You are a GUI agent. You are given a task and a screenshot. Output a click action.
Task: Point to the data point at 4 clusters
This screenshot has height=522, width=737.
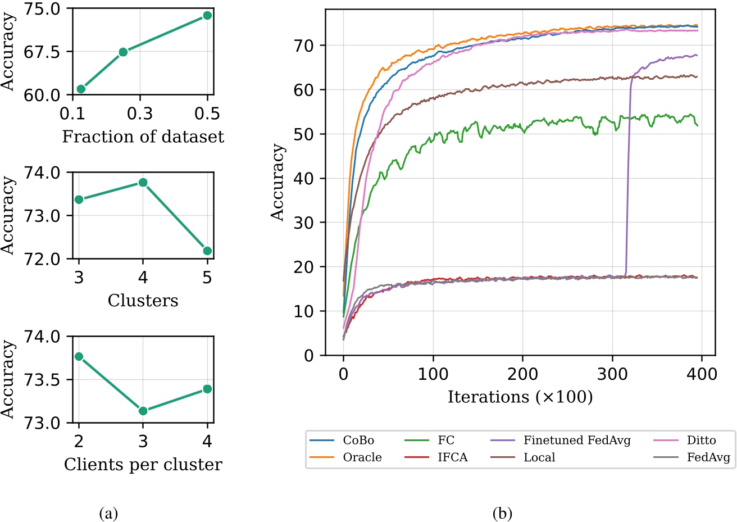(x=143, y=183)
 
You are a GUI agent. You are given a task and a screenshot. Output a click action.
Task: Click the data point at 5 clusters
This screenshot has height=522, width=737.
(x=207, y=251)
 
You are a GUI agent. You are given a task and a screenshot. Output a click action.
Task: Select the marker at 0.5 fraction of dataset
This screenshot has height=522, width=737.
(x=207, y=15)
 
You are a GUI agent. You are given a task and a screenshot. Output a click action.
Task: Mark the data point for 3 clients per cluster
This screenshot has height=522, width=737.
(x=143, y=411)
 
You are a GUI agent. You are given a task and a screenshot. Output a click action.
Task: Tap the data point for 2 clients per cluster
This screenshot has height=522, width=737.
(x=79, y=356)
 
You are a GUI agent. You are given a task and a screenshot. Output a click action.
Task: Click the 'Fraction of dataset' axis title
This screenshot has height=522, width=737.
(x=143, y=137)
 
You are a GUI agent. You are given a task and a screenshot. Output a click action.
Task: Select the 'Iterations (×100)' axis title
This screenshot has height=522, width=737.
(x=520, y=397)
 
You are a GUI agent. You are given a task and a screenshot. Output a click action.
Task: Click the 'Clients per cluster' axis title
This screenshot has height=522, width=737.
(x=143, y=465)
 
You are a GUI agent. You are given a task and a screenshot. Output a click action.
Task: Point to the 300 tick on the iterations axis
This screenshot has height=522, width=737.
(x=612, y=373)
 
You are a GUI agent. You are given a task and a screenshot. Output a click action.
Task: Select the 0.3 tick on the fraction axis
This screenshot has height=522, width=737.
(x=140, y=114)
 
